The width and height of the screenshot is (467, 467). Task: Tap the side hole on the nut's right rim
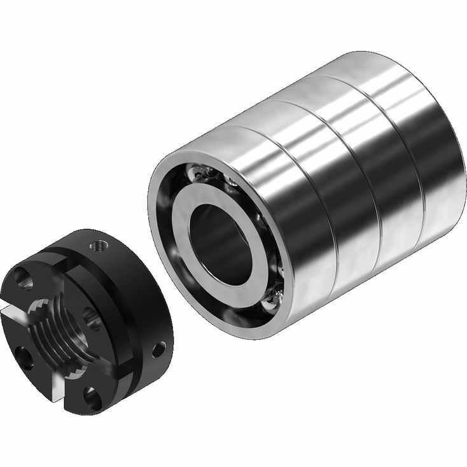(157, 348)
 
